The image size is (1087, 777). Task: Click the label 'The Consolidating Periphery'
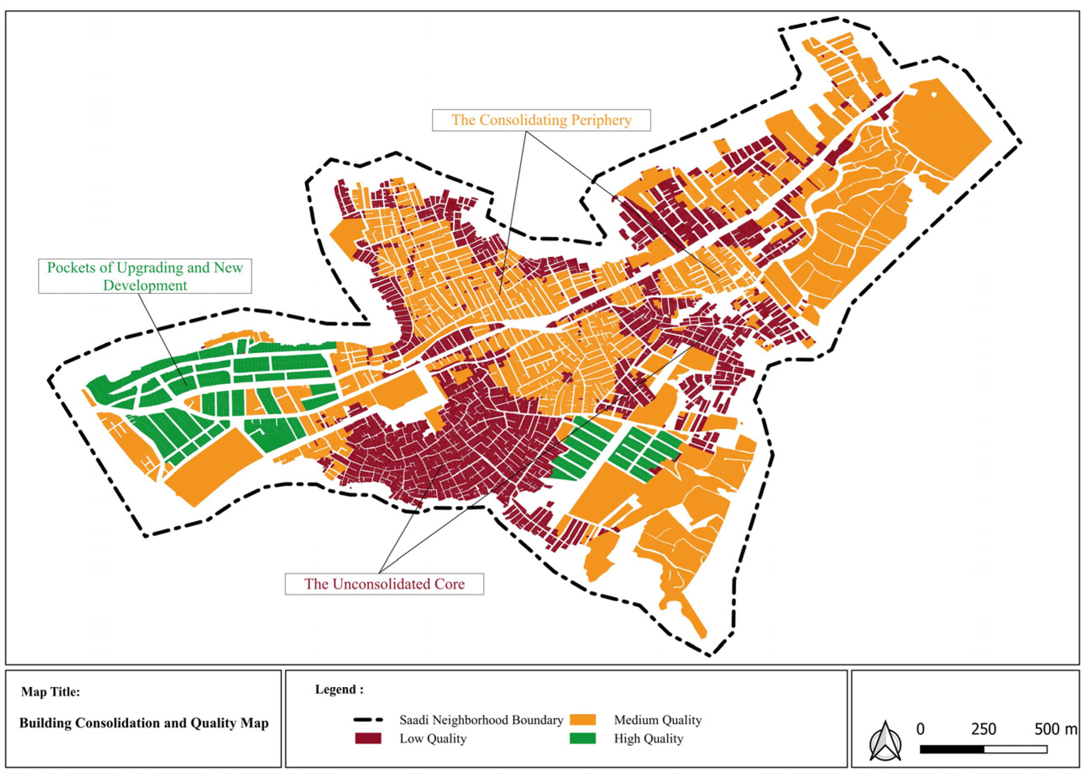541,120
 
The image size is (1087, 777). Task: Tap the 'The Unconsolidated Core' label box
384,584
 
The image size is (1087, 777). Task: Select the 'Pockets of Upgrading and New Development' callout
145,276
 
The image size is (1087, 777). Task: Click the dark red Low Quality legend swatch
368,738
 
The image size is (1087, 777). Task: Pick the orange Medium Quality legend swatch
583,719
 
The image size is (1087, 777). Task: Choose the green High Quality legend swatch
583,738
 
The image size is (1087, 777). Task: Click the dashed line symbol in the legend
368,719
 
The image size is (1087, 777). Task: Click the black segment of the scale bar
952,749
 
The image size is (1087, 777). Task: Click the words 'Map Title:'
51,692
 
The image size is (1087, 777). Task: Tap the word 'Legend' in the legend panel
336,689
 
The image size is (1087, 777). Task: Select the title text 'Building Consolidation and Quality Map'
144,723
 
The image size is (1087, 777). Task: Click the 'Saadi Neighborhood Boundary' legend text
481,719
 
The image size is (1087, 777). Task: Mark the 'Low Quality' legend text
433,738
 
